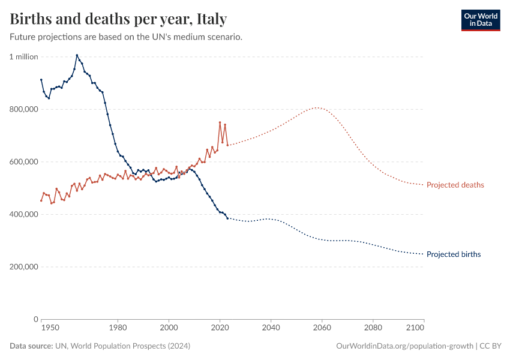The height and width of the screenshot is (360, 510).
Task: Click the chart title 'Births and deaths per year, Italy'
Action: click(x=118, y=19)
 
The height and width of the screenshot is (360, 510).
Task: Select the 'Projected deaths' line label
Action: click(x=455, y=185)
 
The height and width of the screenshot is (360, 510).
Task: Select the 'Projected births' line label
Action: click(x=453, y=254)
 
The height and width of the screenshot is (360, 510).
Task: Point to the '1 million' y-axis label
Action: click(x=23, y=57)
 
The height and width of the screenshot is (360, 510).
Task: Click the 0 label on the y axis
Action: click(x=35, y=319)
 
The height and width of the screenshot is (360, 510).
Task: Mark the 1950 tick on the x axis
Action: click(x=50, y=328)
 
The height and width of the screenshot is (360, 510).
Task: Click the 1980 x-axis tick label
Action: click(x=118, y=328)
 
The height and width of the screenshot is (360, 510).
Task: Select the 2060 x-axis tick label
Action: click(x=322, y=328)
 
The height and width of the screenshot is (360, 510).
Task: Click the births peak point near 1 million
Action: click(x=77, y=55)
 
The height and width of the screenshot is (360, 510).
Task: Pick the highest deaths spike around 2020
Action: click(x=220, y=122)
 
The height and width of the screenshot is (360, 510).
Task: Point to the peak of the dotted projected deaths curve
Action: click(x=317, y=108)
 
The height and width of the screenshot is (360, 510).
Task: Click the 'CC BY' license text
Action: click(x=491, y=346)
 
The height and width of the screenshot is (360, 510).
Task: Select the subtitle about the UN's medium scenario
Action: click(x=126, y=37)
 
